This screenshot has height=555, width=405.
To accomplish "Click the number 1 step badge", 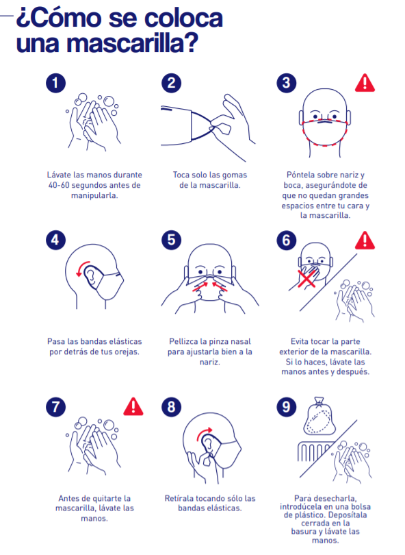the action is (55, 83).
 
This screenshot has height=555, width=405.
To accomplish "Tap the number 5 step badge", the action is (171, 240).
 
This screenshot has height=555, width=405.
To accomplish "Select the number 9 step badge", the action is (286, 407).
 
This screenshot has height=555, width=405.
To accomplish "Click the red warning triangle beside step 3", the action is (365, 83).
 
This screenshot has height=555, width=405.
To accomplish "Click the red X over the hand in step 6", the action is (306, 278).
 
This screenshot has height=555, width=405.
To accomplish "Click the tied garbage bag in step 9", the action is (319, 417).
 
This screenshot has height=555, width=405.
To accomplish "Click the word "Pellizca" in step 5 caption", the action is (183, 341).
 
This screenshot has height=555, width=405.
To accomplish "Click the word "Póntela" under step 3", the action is (300, 175).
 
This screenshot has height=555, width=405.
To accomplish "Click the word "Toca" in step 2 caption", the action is (181, 175).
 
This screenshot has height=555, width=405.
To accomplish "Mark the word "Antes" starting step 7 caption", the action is (68, 498).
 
